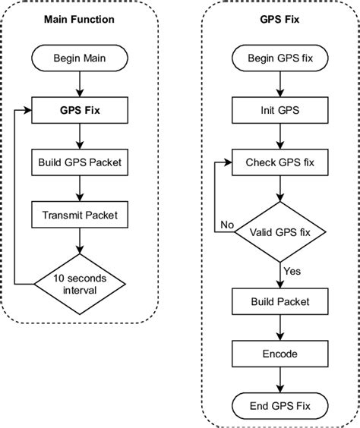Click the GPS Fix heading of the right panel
tap(280, 20)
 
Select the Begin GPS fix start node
tap(280, 58)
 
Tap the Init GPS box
tap(280, 109)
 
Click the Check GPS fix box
tap(280, 162)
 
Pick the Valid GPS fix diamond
tap(280, 231)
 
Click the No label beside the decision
tap(226, 224)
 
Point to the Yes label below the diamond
tap(292, 270)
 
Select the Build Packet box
tap(280, 301)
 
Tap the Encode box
tap(280, 353)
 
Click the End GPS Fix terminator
tap(280, 404)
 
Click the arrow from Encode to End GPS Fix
tap(280, 379)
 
